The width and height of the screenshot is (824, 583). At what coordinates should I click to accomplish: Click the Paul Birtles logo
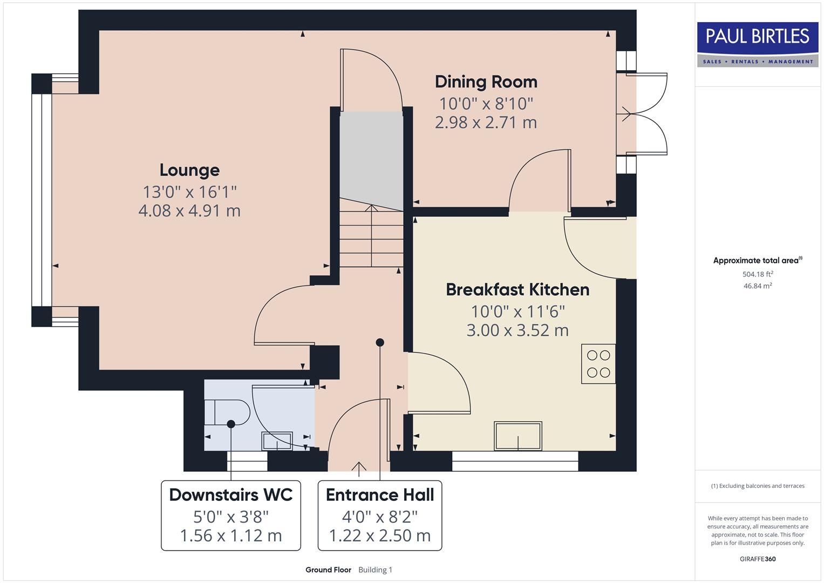(x=758, y=44)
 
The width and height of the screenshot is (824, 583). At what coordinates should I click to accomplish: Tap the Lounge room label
(x=189, y=170)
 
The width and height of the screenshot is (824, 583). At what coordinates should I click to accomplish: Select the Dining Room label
(x=486, y=82)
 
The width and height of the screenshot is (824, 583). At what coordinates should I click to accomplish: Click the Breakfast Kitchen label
(x=517, y=290)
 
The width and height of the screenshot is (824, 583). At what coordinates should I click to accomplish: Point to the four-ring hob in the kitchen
(x=598, y=364)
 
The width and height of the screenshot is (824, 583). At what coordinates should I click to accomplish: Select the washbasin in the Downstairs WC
(x=277, y=441)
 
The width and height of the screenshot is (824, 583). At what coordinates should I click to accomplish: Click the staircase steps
(x=371, y=238)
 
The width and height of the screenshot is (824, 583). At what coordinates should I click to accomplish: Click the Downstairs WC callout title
(x=230, y=495)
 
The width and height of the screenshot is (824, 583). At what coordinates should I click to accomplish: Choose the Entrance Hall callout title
(x=380, y=495)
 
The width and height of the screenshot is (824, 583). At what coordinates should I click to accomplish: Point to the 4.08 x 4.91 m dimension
(x=189, y=211)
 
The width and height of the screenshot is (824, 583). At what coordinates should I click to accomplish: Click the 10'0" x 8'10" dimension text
(x=486, y=103)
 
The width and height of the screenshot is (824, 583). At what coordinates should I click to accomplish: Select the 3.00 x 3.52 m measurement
(x=517, y=330)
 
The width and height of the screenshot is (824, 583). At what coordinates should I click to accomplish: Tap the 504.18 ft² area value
(x=757, y=274)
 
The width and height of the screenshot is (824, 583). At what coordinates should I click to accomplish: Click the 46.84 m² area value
(x=757, y=286)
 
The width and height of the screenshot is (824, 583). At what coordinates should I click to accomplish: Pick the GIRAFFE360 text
(x=757, y=559)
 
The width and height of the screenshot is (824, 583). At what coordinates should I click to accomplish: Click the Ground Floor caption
(x=328, y=570)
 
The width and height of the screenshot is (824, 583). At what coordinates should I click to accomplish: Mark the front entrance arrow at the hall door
(x=359, y=466)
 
